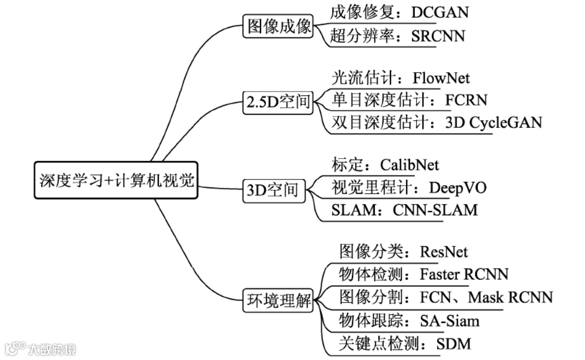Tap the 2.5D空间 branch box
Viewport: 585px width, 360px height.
click(278, 102)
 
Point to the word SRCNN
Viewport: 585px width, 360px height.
click(438, 36)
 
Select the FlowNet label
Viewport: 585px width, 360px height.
click(441, 78)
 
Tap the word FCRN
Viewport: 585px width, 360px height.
click(466, 100)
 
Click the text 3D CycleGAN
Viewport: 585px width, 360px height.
click(493, 122)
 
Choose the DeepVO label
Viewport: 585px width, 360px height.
click(458, 187)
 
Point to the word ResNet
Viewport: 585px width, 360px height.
click(444, 252)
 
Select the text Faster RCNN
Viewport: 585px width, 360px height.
click(464, 274)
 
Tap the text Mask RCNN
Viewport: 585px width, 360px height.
click(511, 297)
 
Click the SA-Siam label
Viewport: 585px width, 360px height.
click(450, 320)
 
